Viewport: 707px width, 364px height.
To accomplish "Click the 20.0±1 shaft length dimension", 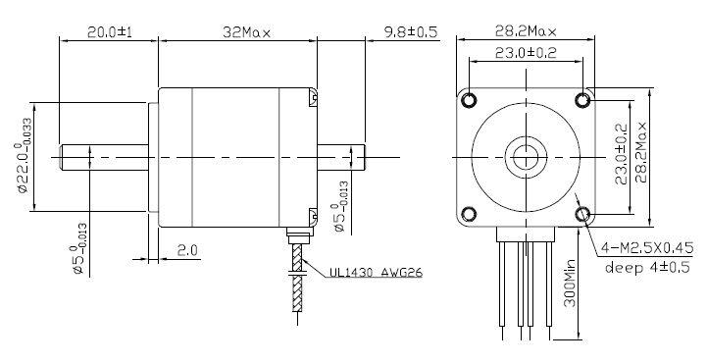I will click(109, 31).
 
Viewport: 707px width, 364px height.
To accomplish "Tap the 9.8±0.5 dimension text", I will click(403, 31).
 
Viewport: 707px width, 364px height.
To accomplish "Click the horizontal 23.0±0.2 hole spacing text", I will click(527, 53).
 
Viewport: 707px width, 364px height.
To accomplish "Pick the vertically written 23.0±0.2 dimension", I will click(620, 156).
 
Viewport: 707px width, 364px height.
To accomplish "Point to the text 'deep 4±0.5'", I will click(646, 266).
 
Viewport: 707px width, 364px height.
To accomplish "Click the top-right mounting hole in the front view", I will click(582, 100).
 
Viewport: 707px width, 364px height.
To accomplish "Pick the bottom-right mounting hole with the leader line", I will click(582, 213).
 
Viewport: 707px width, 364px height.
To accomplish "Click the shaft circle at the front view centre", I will click(527, 156).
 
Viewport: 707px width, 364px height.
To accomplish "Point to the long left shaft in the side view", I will click(104, 156).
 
